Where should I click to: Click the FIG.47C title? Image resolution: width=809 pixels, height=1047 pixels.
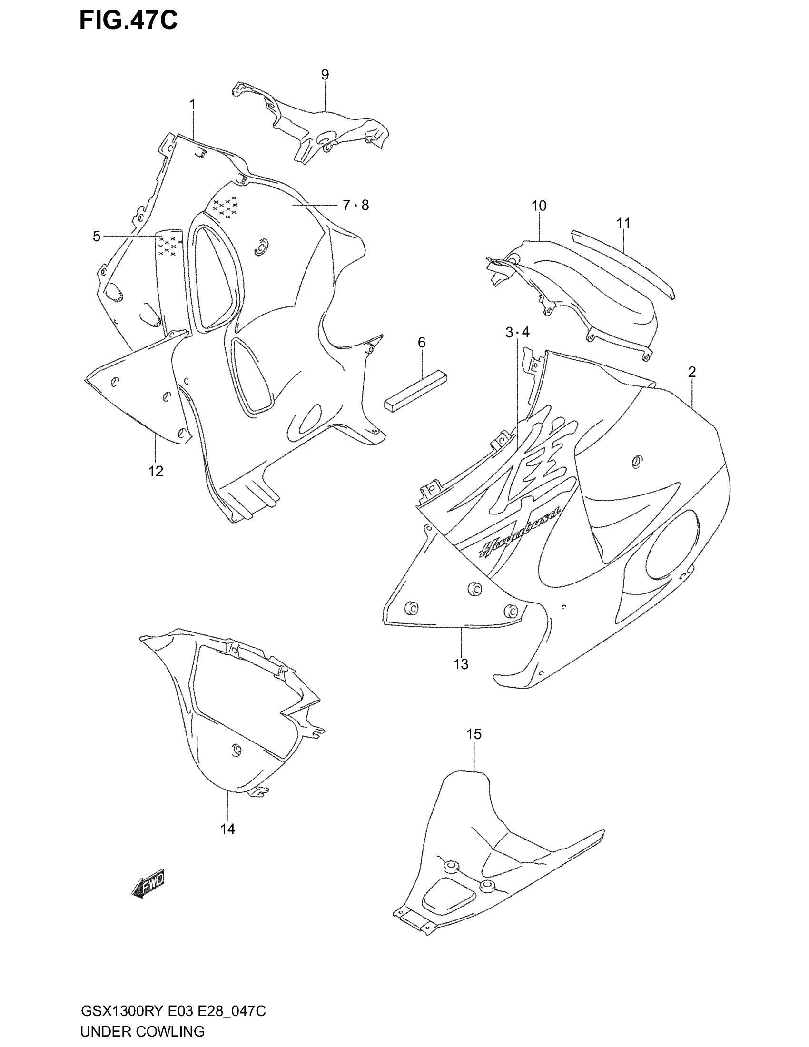tap(128, 20)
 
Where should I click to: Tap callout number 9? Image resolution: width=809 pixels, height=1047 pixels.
tap(325, 75)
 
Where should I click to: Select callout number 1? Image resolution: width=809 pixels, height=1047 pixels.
tap(193, 104)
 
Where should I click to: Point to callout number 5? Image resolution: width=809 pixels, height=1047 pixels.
tap(97, 237)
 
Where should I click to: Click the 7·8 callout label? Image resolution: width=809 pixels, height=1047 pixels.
tap(356, 205)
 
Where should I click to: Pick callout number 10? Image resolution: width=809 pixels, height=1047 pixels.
tap(539, 206)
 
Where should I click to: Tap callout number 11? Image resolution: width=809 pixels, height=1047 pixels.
tap(623, 223)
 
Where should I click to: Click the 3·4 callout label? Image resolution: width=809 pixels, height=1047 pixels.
tap(518, 332)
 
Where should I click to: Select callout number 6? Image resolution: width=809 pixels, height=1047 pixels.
tap(422, 342)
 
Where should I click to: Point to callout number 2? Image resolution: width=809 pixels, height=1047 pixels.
tap(692, 372)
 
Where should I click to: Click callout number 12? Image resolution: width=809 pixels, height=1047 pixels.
tap(156, 471)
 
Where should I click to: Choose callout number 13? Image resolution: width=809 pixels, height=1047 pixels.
tap(461, 664)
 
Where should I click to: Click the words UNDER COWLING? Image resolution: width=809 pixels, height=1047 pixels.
tap(143, 1031)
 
